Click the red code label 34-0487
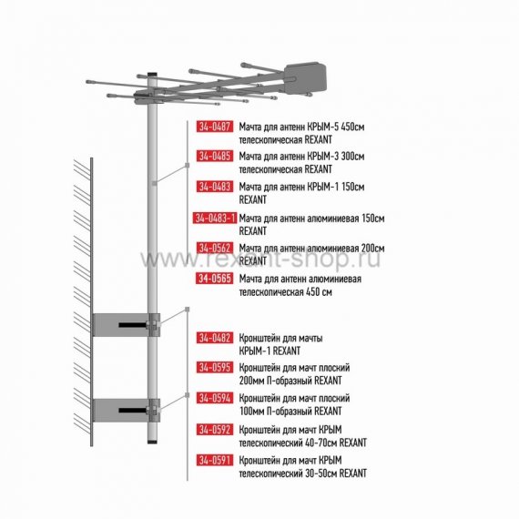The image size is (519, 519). coord(215,127)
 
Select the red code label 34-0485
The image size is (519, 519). coord(215,156)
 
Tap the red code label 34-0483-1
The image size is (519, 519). coord(215,219)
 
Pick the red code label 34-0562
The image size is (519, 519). coord(215,248)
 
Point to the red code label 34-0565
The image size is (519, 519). coord(215,279)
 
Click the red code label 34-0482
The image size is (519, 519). coord(215,338)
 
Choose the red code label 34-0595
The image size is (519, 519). coord(215,368)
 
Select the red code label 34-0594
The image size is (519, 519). coord(215,398)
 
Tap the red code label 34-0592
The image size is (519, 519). coord(215,430)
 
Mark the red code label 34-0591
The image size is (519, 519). coord(215,460)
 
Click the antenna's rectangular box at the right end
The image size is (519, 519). coord(305,78)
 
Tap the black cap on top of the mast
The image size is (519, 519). coord(152,76)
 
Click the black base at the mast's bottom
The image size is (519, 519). coord(152,442)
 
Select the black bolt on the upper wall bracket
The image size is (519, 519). coord(133,325)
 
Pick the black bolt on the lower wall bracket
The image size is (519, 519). coord(133,411)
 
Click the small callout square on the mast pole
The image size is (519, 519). coord(154,183)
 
